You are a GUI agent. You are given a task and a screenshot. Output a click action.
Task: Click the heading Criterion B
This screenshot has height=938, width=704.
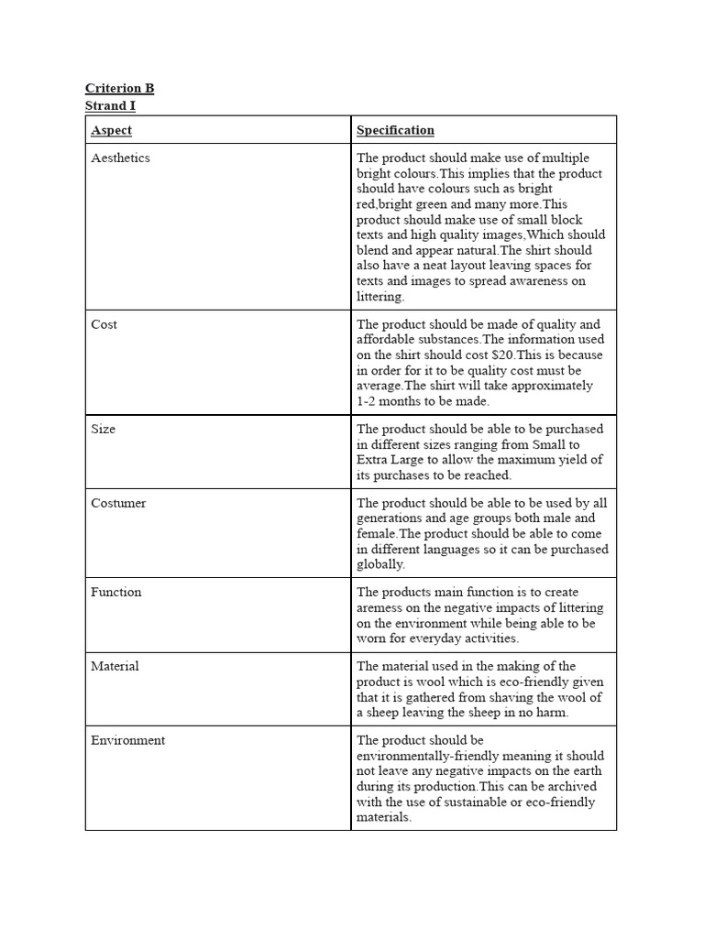119,88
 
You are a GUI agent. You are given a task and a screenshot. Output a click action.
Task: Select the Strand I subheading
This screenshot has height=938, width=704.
110,106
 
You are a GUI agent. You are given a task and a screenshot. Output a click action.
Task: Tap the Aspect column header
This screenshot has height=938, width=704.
111,130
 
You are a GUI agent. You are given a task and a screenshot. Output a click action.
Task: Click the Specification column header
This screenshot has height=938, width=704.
395,130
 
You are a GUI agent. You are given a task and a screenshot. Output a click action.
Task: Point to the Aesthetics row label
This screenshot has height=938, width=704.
120,158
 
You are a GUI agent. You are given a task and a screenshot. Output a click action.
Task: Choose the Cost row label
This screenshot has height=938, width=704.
104,324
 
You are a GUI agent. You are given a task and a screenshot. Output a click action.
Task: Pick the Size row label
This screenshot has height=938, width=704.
103,429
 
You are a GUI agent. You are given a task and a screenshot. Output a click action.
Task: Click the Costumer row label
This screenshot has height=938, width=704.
118,503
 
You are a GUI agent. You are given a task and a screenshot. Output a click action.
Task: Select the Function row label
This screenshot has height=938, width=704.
116,592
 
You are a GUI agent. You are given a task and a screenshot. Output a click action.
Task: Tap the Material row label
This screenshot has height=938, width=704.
115,666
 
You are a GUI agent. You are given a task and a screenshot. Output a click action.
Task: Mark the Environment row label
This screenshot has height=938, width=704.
127,740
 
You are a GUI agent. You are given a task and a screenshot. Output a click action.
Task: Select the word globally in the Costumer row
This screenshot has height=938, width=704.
380,564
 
